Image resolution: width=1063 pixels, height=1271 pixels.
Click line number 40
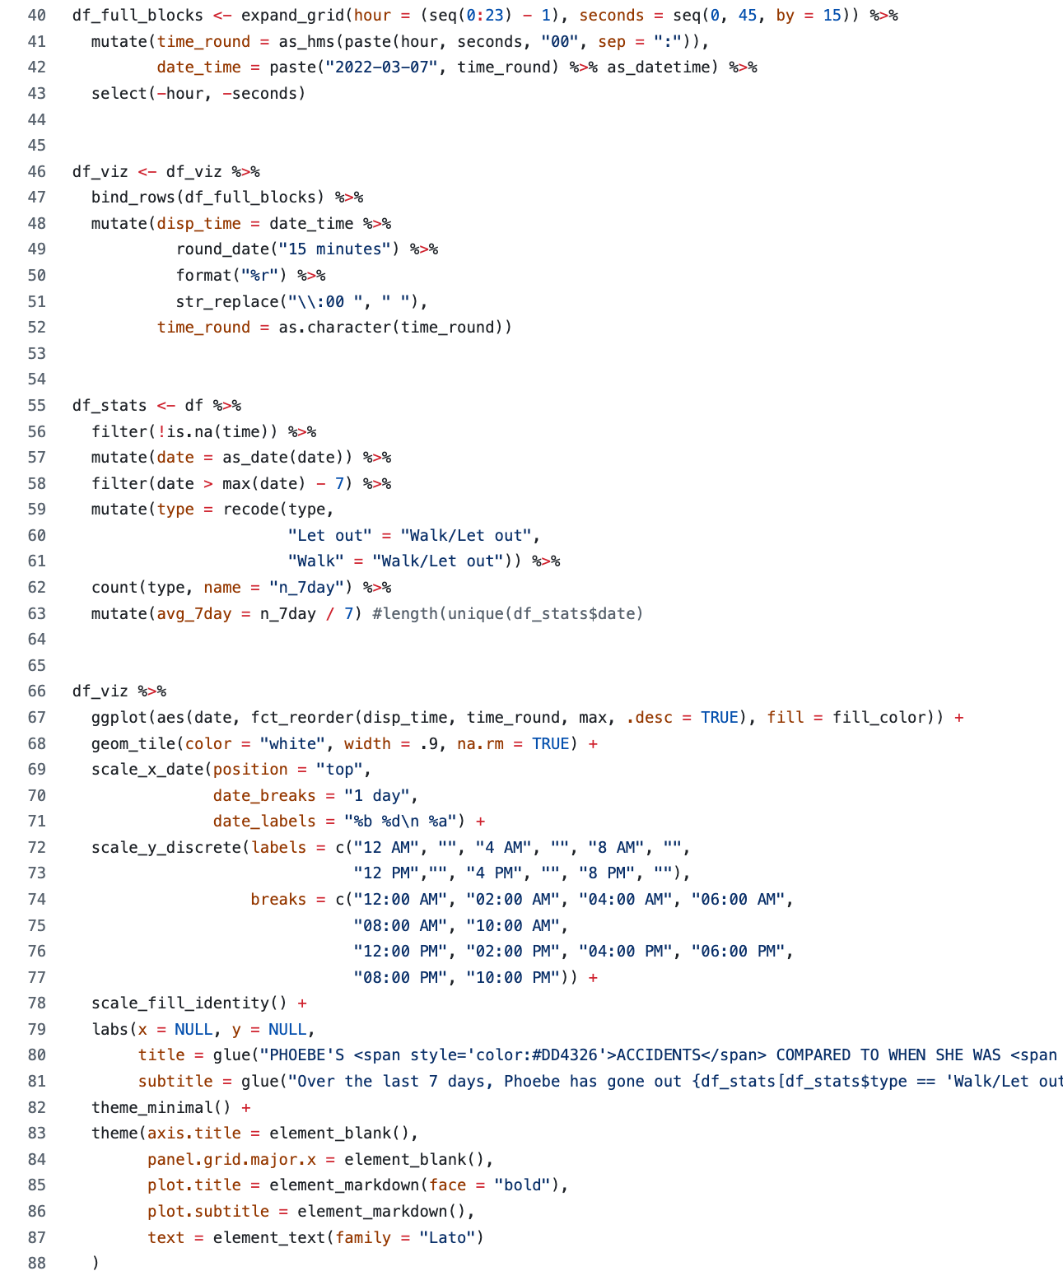(x=36, y=15)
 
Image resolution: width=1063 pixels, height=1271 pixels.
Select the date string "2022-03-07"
(x=381, y=67)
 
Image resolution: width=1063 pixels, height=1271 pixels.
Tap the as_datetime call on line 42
(x=658, y=67)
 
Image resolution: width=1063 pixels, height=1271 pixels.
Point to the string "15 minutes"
(x=334, y=249)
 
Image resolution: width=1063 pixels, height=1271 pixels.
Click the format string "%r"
(x=259, y=275)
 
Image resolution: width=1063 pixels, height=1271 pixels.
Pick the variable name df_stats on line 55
(x=110, y=405)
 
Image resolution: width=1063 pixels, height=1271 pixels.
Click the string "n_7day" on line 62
(x=306, y=588)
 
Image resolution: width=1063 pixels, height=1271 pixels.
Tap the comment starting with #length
(x=508, y=613)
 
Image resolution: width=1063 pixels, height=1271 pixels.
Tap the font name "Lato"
(x=447, y=1237)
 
